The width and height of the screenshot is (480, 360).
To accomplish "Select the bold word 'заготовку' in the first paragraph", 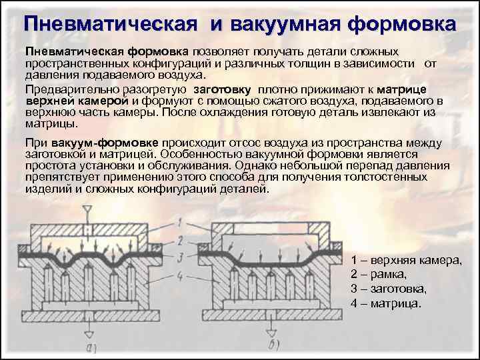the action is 222,89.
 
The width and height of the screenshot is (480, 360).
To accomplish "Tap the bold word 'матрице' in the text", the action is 401,89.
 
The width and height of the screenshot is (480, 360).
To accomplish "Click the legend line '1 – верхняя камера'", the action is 406,259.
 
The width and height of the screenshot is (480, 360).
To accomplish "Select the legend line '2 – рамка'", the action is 378,273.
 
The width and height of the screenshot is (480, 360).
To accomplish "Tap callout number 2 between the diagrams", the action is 180,239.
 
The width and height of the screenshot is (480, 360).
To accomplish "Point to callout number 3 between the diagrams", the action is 180,255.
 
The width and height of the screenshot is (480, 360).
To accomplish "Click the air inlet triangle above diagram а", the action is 87,208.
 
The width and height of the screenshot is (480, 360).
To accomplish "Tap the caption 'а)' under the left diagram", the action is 93,345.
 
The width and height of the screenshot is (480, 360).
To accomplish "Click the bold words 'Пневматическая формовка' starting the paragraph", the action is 107,51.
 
